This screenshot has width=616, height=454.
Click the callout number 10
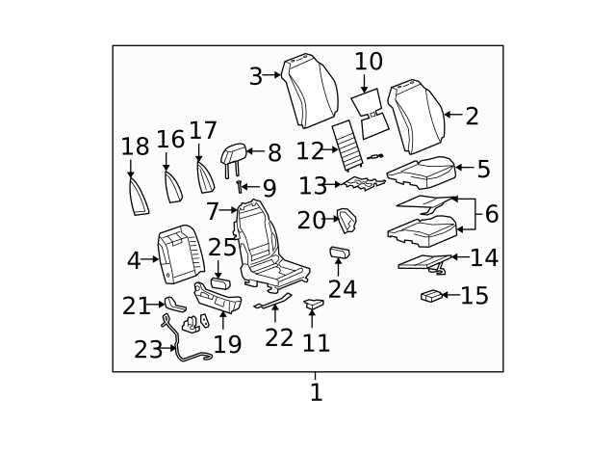pos(369,63)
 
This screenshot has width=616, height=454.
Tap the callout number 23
pos(148,349)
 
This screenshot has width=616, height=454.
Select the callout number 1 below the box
pos(315,393)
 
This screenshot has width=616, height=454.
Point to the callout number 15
pos(474,296)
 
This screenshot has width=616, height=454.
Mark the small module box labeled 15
pos(432,296)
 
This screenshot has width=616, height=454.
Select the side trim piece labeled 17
pos(204,178)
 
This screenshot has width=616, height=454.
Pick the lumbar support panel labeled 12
pos(346,145)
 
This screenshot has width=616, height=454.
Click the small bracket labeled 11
pos(315,305)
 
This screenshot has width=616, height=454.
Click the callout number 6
pos(491,213)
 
